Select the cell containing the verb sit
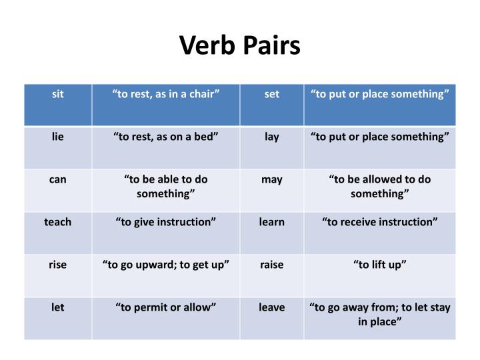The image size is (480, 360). [58, 95]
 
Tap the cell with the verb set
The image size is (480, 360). [272, 95]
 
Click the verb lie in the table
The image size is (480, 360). [58, 137]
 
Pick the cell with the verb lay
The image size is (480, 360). [272, 137]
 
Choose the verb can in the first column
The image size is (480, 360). [58, 179]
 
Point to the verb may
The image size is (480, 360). [272, 179]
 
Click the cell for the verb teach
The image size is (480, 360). [58, 222]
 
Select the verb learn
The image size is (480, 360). [272, 222]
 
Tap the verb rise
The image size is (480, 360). [58, 265]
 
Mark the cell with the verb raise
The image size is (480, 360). [272, 265]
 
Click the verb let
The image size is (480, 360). [58, 307]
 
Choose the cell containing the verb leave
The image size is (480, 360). [272, 307]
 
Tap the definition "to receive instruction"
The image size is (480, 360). [379, 222]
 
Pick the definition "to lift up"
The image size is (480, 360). [379, 265]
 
